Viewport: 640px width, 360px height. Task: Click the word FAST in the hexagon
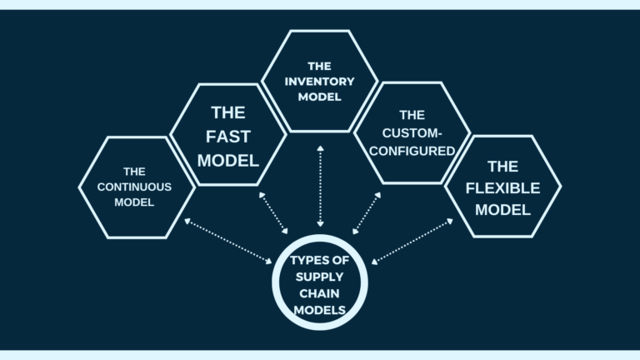pyautogui.click(x=228, y=136)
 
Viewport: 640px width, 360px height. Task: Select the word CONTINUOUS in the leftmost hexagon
pyautogui.click(x=135, y=187)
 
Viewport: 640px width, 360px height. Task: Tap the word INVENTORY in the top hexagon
pyautogui.click(x=319, y=81)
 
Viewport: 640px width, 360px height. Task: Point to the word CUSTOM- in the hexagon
pyautogui.click(x=412, y=132)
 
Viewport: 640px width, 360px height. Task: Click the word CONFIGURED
pyautogui.click(x=412, y=151)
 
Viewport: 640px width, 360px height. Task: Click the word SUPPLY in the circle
pyautogui.click(x=319, y=277)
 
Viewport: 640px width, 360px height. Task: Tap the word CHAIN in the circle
pyautogui.click(x=319, y=293)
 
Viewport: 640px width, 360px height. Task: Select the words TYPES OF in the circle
pyautogui.click(x=319, y=260)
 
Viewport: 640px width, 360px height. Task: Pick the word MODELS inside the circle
pyautogui.click(x=319, y=310)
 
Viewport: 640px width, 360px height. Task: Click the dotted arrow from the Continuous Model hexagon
pyautogui.click(x=230, y=242)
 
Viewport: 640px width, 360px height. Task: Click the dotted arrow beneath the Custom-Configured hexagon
pyautogui.click(x=367, y=213)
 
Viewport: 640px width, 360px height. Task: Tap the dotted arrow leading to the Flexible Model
pyautogui.click(x=412, y=242)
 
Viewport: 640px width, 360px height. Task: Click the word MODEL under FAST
pyautogui.click(x=228, y=159)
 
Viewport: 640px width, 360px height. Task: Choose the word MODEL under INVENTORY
pyautogui.click(x=319, y=97)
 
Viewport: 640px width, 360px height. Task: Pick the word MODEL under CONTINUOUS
pyautogui.click(x=135, y=202)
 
